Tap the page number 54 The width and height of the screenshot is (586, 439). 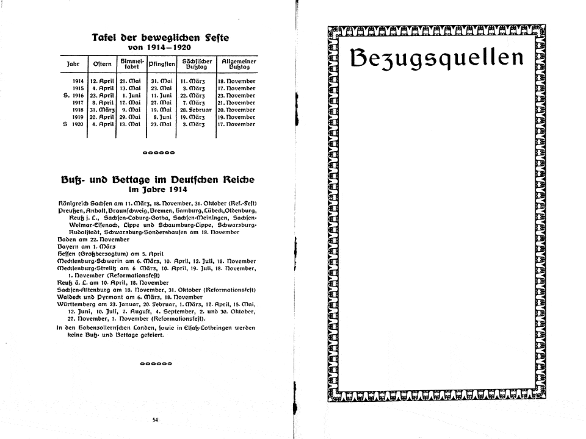tap(155, 419)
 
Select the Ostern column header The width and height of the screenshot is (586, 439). tap(101, 63)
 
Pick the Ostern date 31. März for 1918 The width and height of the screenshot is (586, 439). tap(102, 110)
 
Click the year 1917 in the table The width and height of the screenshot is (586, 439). tap(78, 102)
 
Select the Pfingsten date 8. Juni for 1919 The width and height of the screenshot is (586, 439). tap(164, 117)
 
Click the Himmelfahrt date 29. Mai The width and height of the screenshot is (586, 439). tap(132, 117)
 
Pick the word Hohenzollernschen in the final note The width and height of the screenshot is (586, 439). tap(105, 329)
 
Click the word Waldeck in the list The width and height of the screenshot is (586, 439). tap(69, 297)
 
